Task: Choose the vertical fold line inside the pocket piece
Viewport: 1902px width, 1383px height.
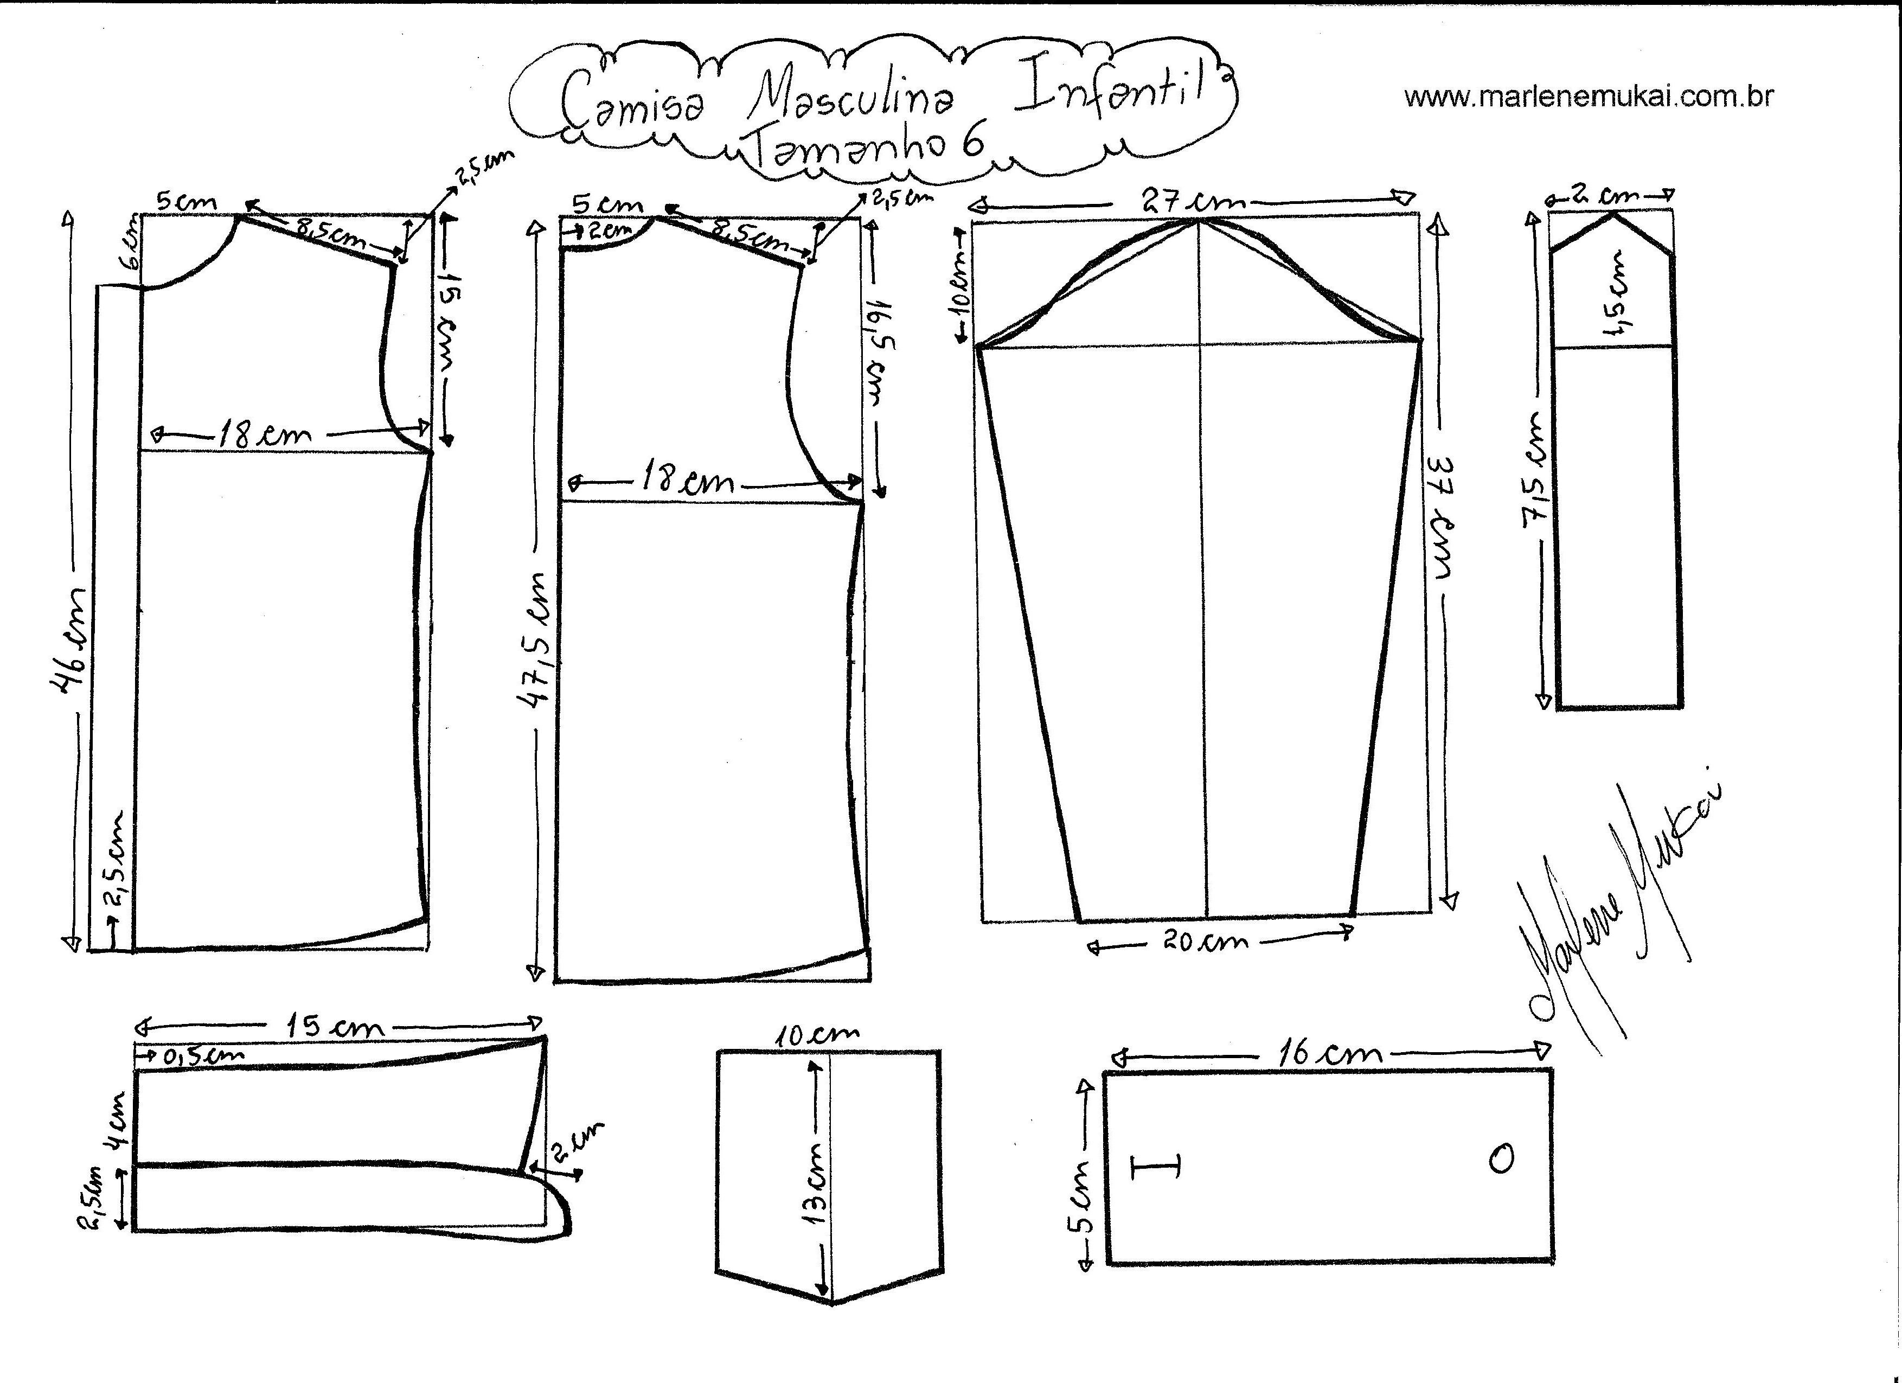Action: pos(830,1179)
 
